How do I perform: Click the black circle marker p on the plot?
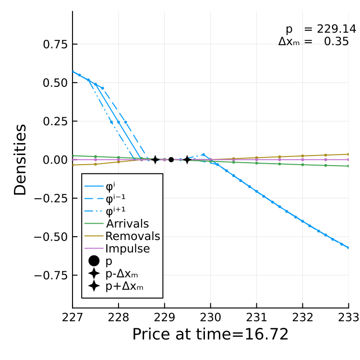[x=171, y=159]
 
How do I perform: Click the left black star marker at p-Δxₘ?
[x=155, y=159]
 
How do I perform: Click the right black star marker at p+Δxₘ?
[x=187, y=159]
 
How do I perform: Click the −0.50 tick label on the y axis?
[x=51, y=237]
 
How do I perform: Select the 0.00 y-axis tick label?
[x=55, y=160]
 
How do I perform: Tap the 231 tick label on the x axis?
[x=256, y=318]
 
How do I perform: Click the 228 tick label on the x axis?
[x=119, y=318]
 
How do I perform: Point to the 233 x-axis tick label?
[x=348, y=318]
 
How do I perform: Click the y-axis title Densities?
[x=20, y=160]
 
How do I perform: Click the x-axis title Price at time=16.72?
[x=210, y=334]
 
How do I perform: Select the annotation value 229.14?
[x=336, y=29]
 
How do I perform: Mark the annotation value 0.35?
[x=336, y=42]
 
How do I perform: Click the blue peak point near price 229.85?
[x=204, y=155]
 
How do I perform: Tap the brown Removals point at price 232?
[x=302, y=156]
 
